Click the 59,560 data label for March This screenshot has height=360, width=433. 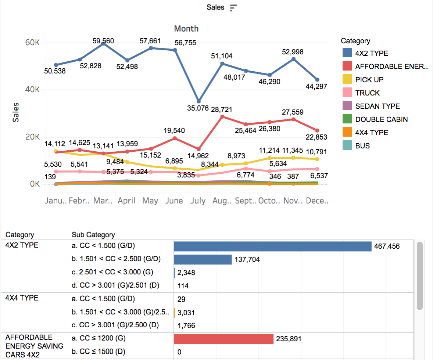[103, 41]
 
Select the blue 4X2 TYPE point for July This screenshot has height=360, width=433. [199, 101]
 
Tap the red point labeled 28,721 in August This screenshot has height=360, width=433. [222, 116]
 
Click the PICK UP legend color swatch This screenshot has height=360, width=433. [347, 80]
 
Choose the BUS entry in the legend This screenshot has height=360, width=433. [362, 146]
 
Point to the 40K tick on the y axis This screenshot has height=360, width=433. [32, 90]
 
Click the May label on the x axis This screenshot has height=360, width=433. [150, 201]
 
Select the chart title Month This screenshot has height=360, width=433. [186, 29]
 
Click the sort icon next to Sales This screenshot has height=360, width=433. [233, 8]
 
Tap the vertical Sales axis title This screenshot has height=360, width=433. [16, 112]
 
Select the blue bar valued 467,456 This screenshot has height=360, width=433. [273, 246]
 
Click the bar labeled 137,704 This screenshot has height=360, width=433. [203, 259]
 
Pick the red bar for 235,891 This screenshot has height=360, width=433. [224, 339]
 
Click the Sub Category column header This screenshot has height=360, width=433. [93, 235]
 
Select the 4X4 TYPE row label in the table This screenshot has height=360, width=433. [22, 298]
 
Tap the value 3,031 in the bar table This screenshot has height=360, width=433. [186, 313]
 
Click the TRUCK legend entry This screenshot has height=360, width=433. [367, 93]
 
